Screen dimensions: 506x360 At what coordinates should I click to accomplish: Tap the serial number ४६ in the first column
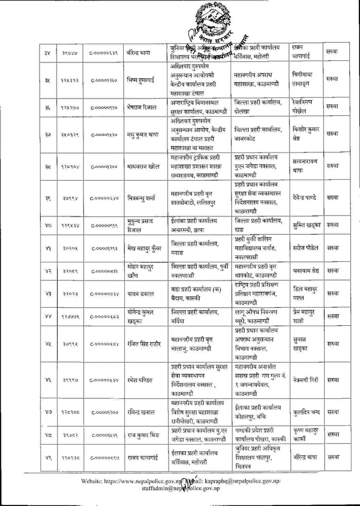48,380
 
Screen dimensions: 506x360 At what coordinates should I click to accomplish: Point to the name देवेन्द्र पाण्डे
306,197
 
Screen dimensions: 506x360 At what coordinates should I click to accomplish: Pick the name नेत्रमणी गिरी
306,380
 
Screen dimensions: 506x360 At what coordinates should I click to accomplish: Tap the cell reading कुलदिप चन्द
306,412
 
